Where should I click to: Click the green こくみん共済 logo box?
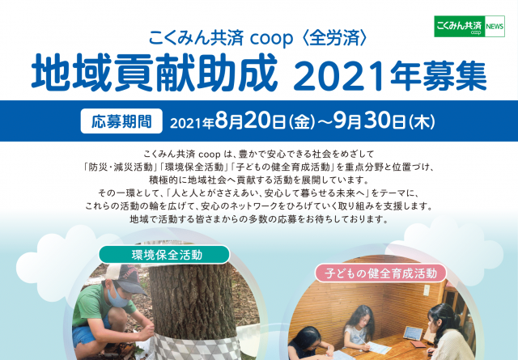(x=459, y=26)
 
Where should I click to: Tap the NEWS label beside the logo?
(x=495, y=27)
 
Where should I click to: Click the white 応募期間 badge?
(x=121, y=121)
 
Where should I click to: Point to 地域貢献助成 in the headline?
(x=155, y=73)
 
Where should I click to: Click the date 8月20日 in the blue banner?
(x=250, y=121)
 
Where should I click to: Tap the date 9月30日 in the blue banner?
(x=370, y=121)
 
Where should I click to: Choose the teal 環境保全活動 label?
(x=164, y=255)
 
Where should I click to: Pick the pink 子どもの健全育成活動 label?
(x=380, y=273)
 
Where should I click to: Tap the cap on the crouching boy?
(x=126, y=277)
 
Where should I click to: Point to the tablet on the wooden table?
(x=413, y=333)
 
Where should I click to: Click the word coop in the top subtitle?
(x=272, y=38)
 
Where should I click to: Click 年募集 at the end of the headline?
(x=439, y=75)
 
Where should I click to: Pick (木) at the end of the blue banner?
(x=422, y=122)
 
